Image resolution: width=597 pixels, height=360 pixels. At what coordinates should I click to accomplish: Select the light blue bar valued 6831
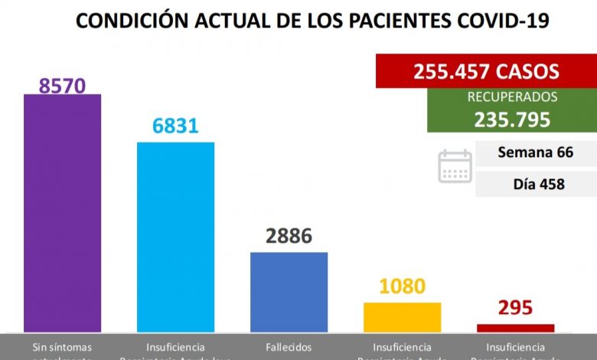175,237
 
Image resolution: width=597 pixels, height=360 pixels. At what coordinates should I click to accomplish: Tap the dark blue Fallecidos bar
289,292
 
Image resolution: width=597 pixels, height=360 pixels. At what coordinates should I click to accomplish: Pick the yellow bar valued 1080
402,317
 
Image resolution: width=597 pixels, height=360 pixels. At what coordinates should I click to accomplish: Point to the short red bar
515,328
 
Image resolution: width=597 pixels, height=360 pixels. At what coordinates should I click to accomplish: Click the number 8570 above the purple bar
62,83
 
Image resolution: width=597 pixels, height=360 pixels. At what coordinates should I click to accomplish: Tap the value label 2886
289,237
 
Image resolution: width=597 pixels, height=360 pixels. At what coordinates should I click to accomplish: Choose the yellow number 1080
402,287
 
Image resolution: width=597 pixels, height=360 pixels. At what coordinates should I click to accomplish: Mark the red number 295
515,309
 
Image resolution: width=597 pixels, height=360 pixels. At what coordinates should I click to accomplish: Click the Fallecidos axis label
289,347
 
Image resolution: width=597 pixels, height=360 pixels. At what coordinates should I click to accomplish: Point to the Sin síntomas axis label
62,348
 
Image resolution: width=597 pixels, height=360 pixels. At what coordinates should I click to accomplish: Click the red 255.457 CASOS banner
486,71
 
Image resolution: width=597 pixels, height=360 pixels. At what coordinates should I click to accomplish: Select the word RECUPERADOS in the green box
512,97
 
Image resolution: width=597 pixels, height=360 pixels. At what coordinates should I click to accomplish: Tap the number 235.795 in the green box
512,119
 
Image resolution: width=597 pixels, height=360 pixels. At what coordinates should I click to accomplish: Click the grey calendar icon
455,166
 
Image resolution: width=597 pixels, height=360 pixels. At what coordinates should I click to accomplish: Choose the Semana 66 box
535,153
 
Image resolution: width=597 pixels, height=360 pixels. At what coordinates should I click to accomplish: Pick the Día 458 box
535,185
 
